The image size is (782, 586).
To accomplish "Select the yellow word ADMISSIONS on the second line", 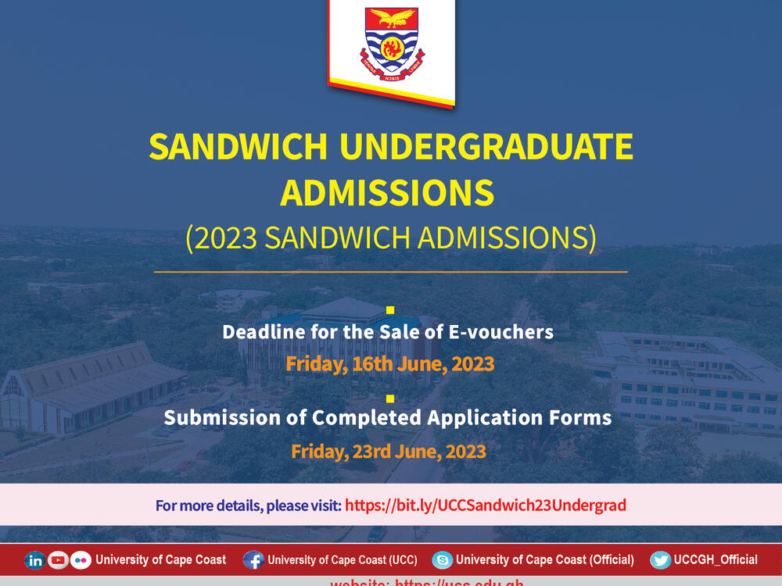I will click(x=387, y=193).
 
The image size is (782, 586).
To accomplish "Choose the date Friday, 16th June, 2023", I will click(x=389, y=363).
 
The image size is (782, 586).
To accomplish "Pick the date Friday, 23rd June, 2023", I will click(x=389, y=452).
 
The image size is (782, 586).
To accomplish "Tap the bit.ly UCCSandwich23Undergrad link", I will click(x=485, y=506).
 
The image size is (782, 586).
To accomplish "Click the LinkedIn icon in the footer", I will click(x=35, y=560).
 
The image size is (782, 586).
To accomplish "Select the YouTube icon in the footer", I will click(x=58, y=560).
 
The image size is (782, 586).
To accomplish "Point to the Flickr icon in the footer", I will click(x=81, y=560).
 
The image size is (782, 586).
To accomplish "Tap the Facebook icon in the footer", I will click(x=253, y=560).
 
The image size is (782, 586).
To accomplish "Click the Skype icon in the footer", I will click(x=443, y=560).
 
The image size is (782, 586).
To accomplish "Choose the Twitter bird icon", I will click(x=660, y=560).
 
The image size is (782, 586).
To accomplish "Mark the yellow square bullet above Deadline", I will click(x=390, y=310).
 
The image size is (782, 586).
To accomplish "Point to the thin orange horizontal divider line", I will click(x=390, y=272).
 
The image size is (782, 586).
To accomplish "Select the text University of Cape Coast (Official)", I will click(x=544, y=560).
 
